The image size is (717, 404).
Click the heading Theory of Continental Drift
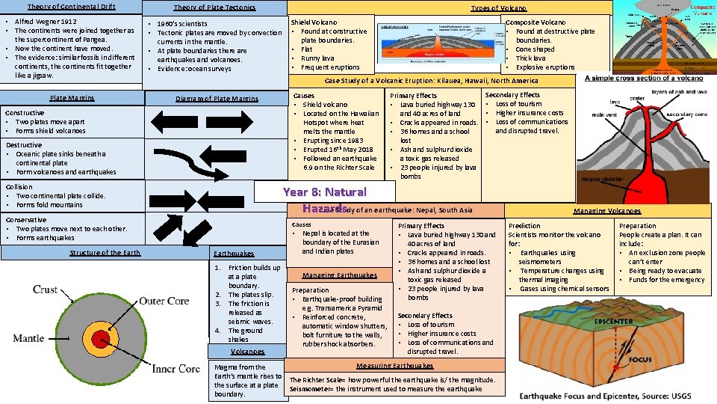[71, 7]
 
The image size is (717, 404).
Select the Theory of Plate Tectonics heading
[214, 7]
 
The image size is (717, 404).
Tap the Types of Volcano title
[498, 7]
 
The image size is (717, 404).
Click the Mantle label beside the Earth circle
[28, 338]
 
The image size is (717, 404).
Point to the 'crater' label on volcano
[637, 98]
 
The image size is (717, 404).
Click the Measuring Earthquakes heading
[394, 366]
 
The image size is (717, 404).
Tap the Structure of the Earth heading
[105, 253]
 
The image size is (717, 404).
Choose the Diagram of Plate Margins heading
[217, 99]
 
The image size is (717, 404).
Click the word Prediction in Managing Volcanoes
[524, 225]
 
